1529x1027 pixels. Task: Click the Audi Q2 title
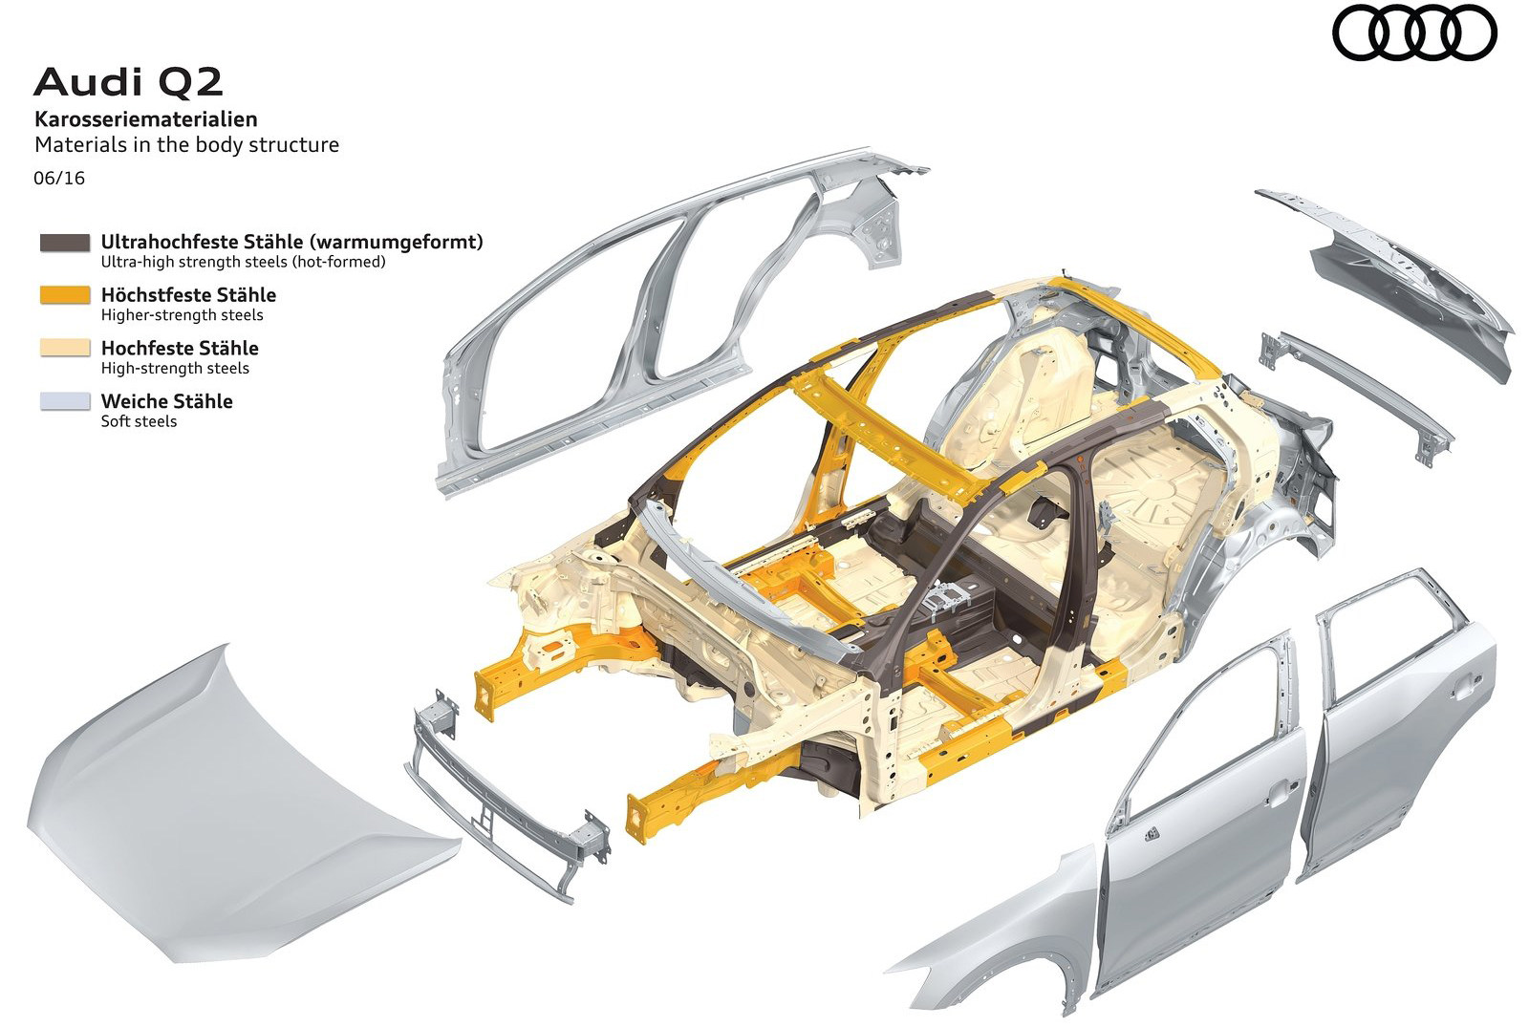(x=128, y=83)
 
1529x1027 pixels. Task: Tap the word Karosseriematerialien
(x=145, y=119)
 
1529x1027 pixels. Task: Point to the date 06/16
(x=59, y=178)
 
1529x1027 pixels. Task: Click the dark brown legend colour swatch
(x=65, y=243)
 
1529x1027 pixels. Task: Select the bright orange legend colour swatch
(x=65, y=295)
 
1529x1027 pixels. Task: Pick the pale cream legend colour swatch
(x=65, y=349)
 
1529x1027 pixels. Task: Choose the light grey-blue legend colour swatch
(x=65, y=401)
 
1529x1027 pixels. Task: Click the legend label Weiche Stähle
(x=166, y=401)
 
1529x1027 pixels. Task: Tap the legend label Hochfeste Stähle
(x=180, y=348)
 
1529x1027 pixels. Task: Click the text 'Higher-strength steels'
(x=182, y=315)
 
